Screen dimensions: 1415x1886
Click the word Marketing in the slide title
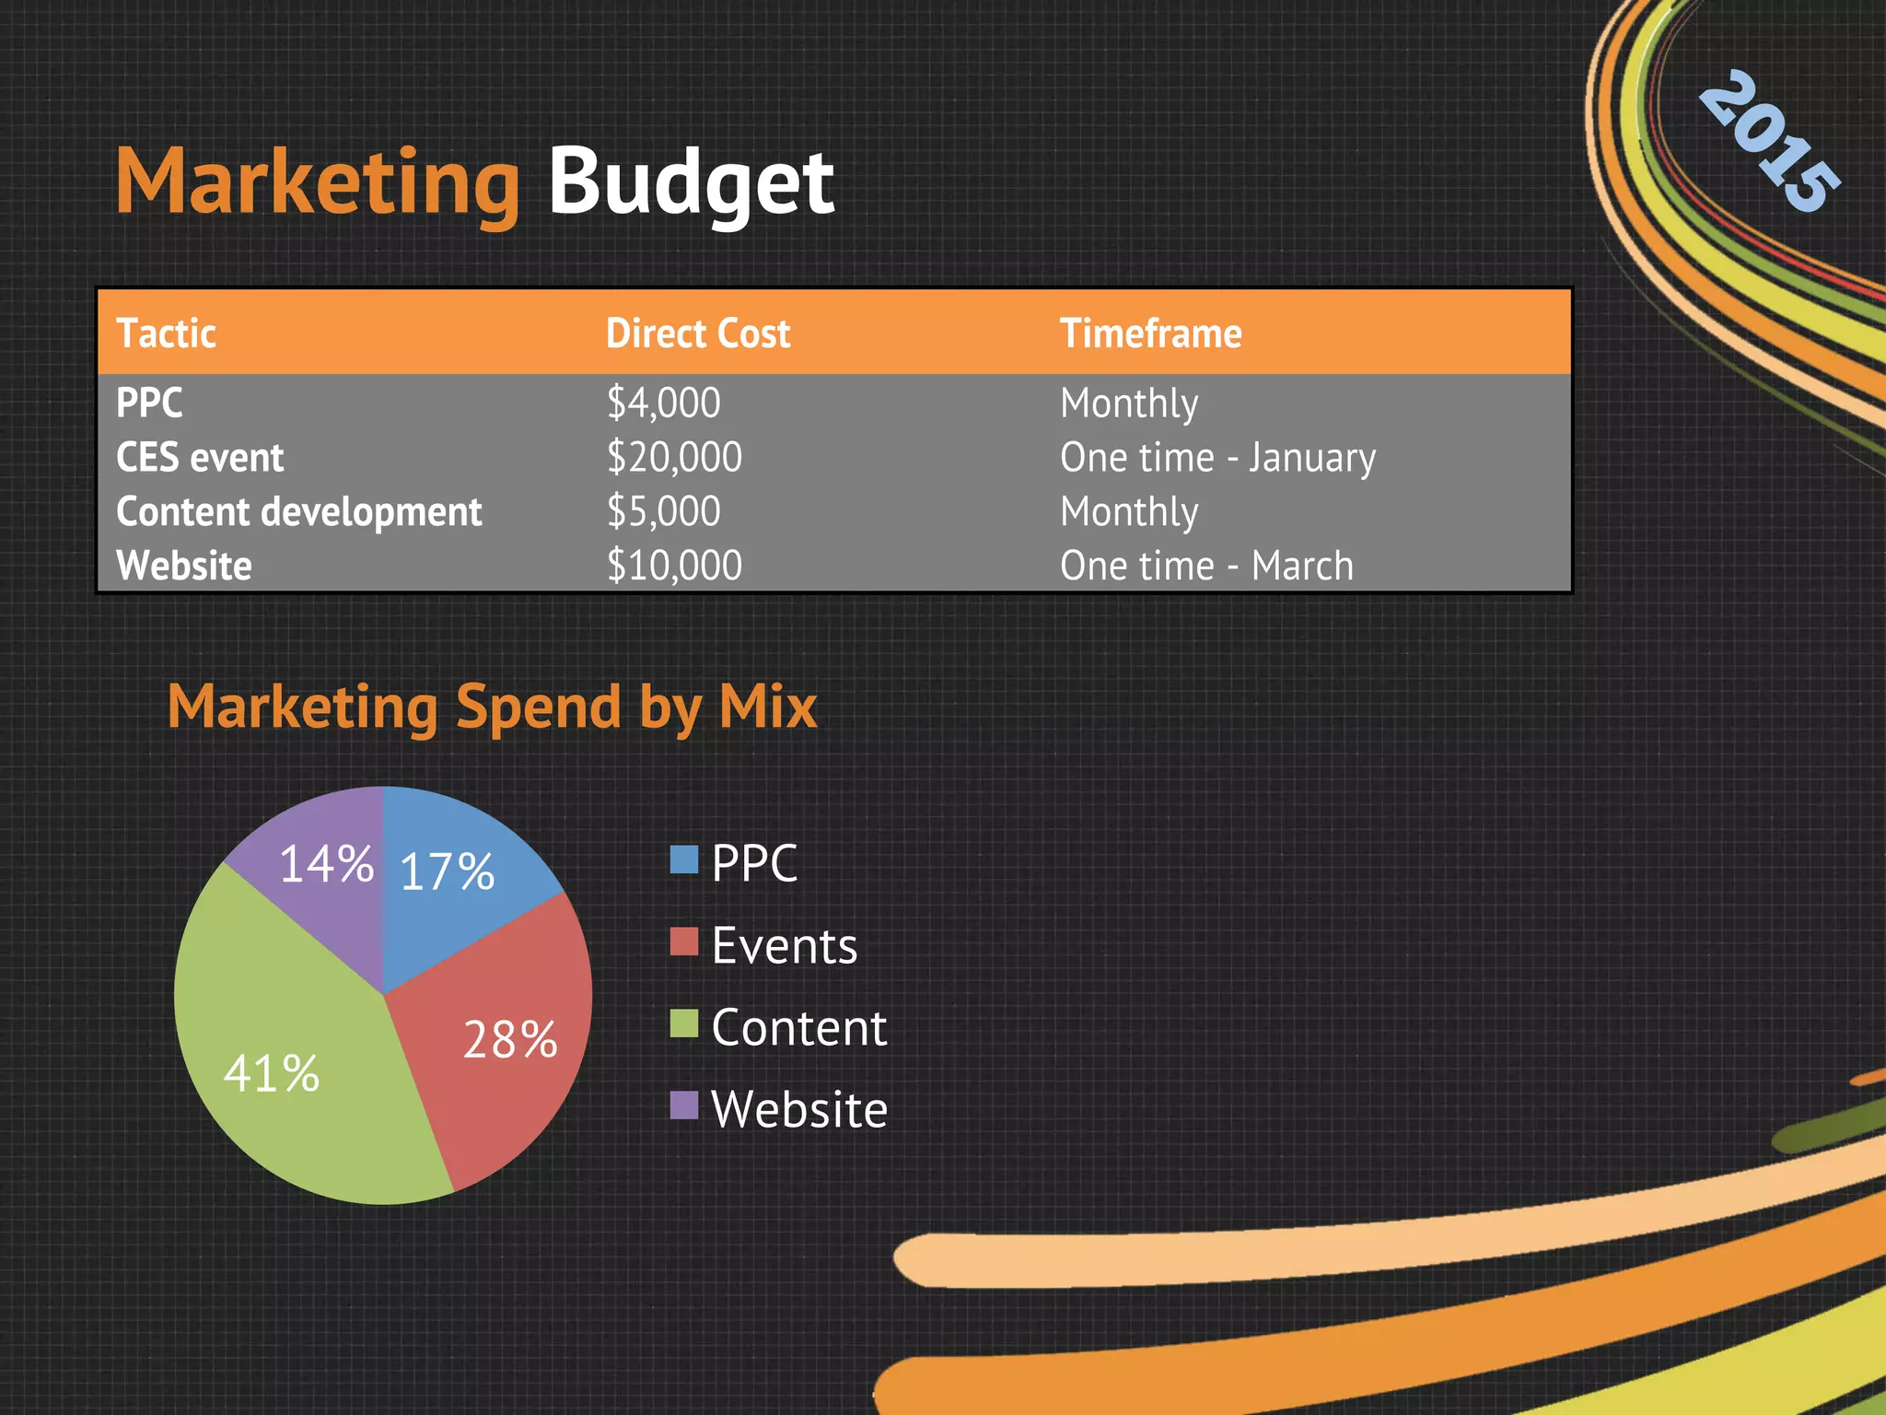coord(318,182)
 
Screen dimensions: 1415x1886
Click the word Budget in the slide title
coord(691,182)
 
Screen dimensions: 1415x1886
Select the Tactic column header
coord(167,333)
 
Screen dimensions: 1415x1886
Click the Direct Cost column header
coord(698,333)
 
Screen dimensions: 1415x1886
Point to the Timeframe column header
coord(1150,333)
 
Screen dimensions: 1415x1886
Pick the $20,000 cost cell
coord(674,457)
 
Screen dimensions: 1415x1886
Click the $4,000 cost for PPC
coord(663,403)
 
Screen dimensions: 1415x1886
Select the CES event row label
coord(200,458)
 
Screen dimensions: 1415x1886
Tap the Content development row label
coord(299,511)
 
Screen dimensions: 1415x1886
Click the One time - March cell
coord(1206,566)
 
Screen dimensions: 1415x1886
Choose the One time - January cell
coord(1217,458)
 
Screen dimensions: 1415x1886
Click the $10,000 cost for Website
coord(674,566)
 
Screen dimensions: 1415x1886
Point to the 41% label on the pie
coord(272,1074)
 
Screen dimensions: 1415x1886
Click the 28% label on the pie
coord(510,1040)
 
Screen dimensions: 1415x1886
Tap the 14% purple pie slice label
coord(326,864)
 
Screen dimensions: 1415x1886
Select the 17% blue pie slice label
coord(448,871)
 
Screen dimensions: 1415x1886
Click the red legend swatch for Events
coord(684,941)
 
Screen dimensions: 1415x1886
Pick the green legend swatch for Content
coord(684,1023)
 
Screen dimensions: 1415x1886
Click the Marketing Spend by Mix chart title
coord(492,707)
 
